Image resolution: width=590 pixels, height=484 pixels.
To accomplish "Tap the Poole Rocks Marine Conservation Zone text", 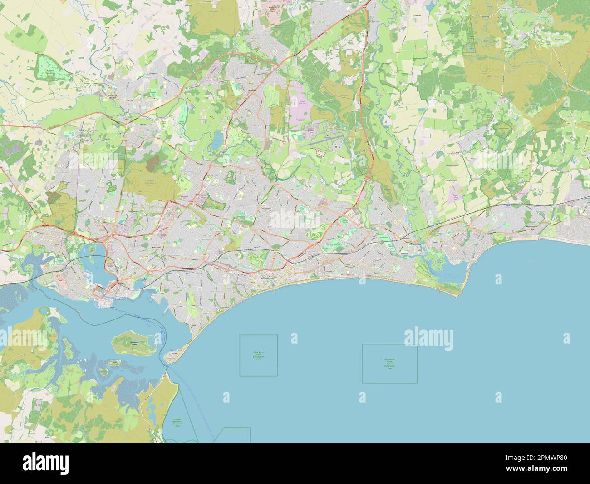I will [258, 355].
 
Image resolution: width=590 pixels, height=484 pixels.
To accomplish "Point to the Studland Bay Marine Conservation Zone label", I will [177, 423].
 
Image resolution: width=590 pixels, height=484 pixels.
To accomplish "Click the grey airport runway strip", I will [324, 142].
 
